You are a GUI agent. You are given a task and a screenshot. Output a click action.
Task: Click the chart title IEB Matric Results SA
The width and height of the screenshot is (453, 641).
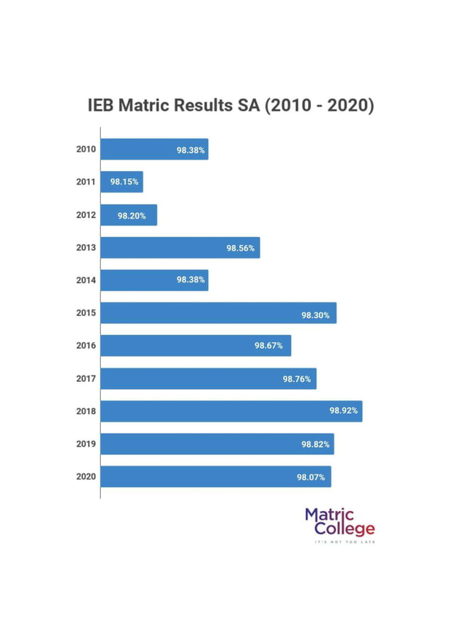(230, 106)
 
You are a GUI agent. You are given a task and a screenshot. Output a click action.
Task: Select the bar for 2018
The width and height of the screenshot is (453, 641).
(231, 411)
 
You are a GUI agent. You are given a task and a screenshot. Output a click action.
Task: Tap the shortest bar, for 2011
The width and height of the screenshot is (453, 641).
(121, 182)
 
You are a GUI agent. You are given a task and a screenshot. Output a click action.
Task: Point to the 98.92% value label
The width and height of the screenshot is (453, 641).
(344, 411)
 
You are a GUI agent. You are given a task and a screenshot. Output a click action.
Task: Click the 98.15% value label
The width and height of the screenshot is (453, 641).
(124, 182)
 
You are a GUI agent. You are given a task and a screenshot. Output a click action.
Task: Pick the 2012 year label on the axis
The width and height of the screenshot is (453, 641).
(86, 215)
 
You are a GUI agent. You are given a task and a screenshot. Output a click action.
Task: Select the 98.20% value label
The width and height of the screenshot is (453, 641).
(131, 215)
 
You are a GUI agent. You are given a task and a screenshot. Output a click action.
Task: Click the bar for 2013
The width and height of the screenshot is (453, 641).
(180, 248)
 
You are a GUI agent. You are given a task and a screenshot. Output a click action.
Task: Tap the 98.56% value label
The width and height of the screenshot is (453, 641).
(241, 248)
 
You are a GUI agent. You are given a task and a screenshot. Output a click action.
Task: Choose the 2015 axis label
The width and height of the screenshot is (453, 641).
(86, 313)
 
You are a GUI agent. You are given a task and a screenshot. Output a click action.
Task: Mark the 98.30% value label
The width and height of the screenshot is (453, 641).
(315, 313)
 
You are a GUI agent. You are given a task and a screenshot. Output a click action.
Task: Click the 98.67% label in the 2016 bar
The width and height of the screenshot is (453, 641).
(268, 346)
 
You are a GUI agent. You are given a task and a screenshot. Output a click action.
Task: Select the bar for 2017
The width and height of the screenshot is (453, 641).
(208, 378)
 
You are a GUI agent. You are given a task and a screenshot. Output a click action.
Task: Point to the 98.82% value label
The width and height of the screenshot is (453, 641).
(315, 444)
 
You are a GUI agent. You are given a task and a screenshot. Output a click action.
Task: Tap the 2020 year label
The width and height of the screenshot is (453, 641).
(86, 476)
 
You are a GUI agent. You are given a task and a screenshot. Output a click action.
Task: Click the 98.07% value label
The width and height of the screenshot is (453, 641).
(311, 476)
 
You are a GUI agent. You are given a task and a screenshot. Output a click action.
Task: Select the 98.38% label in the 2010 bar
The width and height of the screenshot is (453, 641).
(190, 150)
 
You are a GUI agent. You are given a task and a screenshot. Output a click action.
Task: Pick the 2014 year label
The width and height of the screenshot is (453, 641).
(86, 280)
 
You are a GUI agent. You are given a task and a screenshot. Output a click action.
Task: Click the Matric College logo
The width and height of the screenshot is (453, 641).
(339, 522)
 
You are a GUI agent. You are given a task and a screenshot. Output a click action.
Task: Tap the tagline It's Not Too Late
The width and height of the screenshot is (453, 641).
(345, 542)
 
